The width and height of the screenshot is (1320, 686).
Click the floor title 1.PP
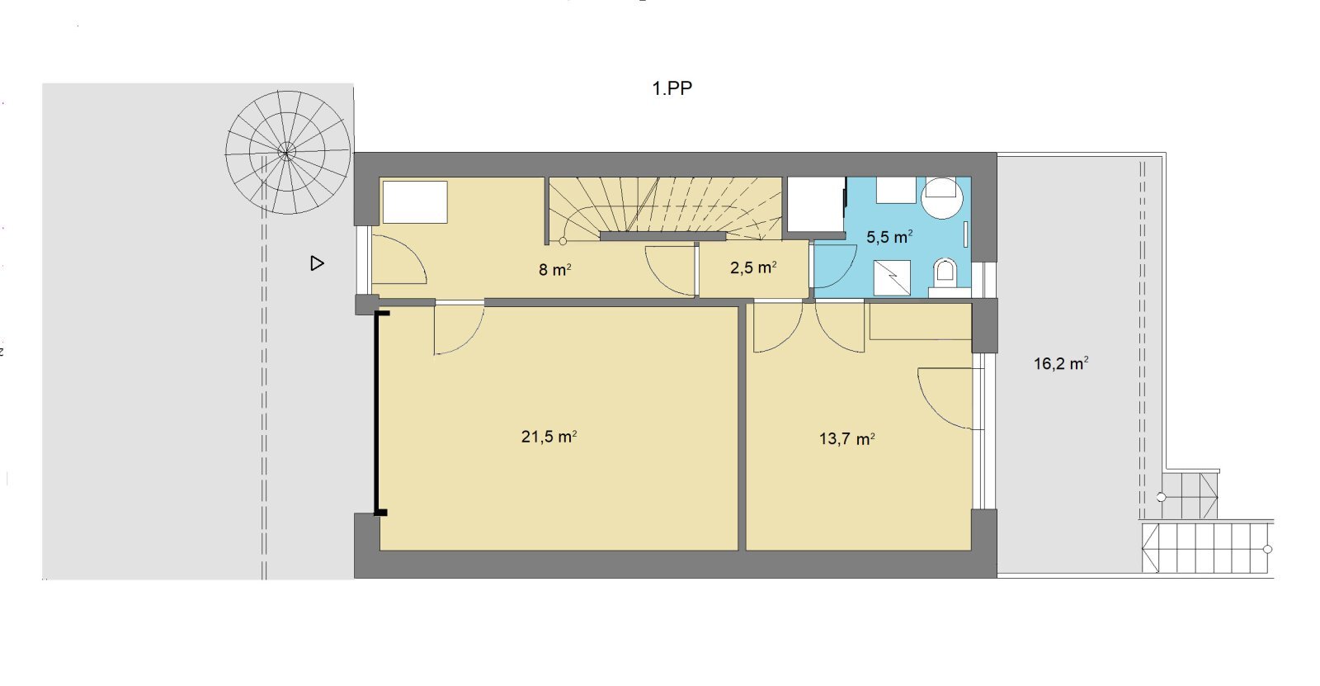[672, 88]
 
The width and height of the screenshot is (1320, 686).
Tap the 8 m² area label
[555, 270]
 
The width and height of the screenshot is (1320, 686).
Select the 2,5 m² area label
[753, 267]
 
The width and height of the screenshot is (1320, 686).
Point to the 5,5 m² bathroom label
[889, 237]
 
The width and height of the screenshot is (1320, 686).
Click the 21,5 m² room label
[549, 437]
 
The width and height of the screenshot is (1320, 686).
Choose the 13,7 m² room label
[846, 439]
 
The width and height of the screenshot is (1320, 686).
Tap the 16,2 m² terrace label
[1061, 363]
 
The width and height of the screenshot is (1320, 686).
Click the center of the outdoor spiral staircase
[287, 152]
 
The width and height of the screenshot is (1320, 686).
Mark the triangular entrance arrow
[317, 263]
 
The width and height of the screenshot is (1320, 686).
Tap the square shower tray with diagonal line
[892, 277]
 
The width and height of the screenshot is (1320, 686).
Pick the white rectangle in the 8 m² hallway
[415, 202]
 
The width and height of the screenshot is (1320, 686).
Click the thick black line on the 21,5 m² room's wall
[376, 413]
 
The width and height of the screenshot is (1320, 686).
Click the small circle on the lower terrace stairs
[1268, 549]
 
